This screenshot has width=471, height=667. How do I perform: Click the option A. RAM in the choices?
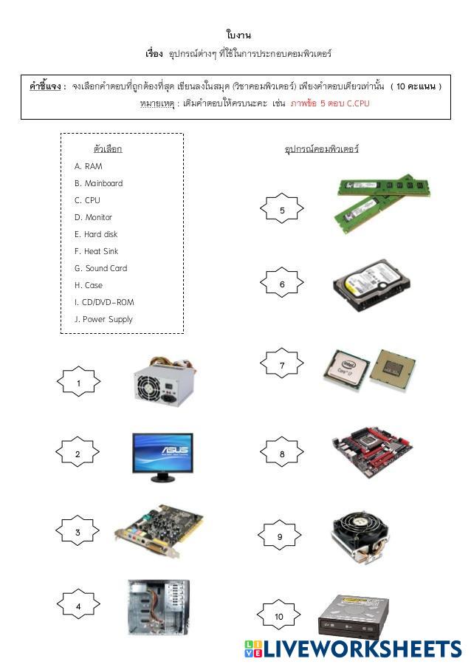tap(89, 166)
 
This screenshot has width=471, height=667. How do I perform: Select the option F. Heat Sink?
tap(96, 251)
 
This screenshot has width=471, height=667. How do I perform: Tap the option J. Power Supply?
tap(103, 319)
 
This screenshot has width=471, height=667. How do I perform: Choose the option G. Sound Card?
tap(100, 268)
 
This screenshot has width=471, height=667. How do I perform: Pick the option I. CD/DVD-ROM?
tap(104, 302)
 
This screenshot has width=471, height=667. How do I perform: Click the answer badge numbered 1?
tap(78, 383)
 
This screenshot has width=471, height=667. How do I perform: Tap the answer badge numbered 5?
tap(281, 211)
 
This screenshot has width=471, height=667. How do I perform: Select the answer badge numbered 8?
tap(281, 454)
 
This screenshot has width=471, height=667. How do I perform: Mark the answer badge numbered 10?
tap(279, 616)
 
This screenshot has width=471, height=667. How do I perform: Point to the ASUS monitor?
tap(162, 455)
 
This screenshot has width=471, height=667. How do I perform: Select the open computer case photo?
tap(158, 606)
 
